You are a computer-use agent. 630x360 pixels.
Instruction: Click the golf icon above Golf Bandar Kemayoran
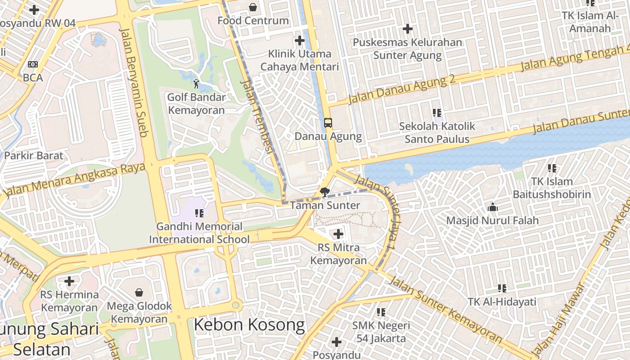[x=196, y=84]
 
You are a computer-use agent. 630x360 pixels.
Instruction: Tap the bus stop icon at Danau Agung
[x=328, y=122]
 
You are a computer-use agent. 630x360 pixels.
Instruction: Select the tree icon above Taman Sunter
[x=324, y=192]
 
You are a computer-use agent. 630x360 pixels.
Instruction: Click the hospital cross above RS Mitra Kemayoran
[x=338, y=234]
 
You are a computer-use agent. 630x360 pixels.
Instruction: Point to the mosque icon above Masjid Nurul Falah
[x=493, y=207]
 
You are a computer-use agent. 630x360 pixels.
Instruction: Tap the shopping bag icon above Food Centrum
[x=253, y=7]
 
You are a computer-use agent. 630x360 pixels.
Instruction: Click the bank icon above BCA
[x=32, y=64]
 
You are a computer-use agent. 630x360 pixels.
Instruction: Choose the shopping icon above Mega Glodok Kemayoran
[x=139, y=292]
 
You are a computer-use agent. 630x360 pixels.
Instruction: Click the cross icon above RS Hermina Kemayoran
[x=69, y=281]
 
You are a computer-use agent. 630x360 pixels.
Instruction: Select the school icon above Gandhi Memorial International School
[x=199, y=213]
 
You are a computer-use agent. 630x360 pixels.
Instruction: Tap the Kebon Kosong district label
[x=249, y=325]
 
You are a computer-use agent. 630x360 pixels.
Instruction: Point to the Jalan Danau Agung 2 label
[x=402, y=89]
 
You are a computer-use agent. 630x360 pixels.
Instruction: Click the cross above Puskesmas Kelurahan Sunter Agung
[x=408, y=29]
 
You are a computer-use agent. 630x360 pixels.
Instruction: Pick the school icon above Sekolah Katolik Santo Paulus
[x=437, y=113]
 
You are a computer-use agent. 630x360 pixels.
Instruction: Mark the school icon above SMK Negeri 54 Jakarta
[x=381, y=312]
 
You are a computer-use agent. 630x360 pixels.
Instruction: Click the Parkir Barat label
[x=34, y=156]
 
